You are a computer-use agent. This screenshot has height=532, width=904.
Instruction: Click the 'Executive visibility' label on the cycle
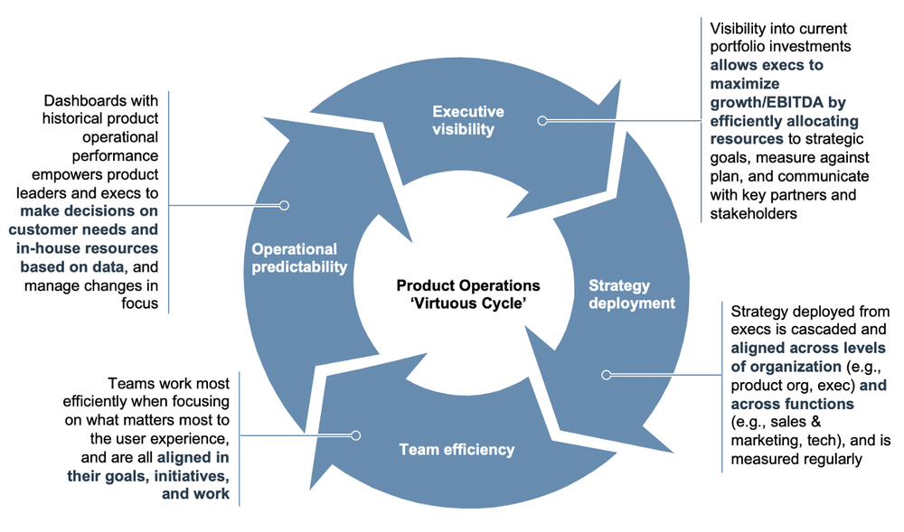coord(469,120)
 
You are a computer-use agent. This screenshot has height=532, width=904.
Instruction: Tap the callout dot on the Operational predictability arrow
coord(284,205)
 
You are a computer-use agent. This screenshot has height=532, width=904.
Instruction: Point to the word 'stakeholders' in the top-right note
coord(753,212)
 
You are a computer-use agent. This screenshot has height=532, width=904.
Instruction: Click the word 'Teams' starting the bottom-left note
coord(127,382)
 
